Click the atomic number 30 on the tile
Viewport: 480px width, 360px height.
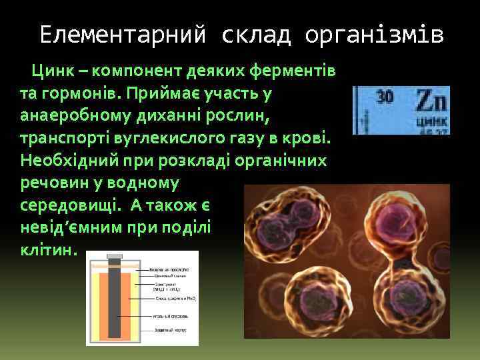[x=385, y=96]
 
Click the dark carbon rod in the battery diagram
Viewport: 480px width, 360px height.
[x=114, y=300]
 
